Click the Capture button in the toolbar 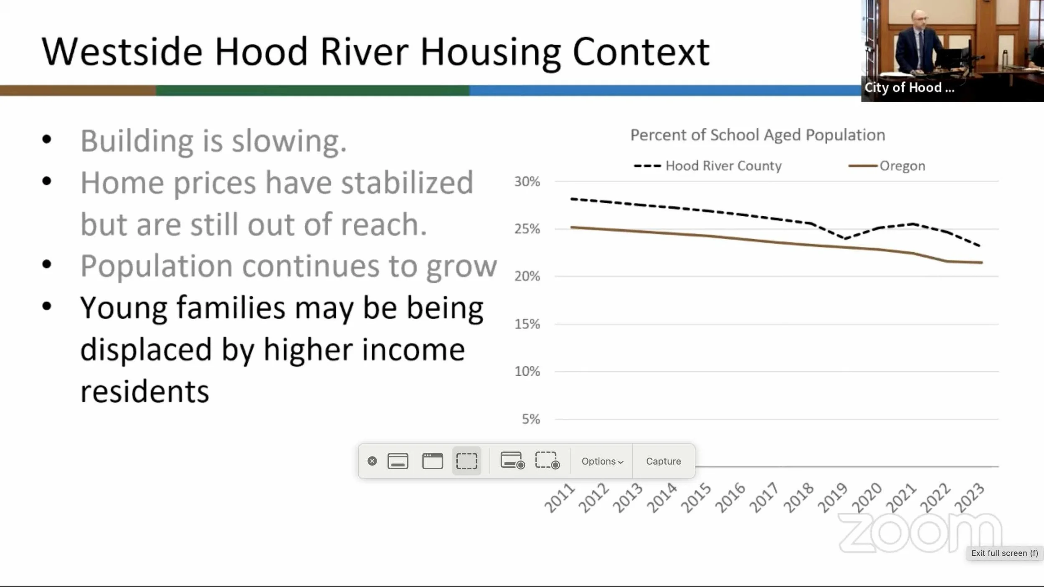pyautogui.click(x=663, y=461)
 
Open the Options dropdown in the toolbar pyautogui.click(x=602, y=461)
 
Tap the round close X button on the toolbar pyautogui.click(x=372, y=461)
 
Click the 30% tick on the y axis pyautogui.click(x=527, y=182)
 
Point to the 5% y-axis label pyautogui.click(x=531, y=419)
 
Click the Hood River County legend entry pyautogui.click(x=707, y=166)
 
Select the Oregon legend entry pyautogui.click(x=887, y=166)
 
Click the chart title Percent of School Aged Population pyautogui.click(x=758, y=135)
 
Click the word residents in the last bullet pyautogui.click(x=144, y=392)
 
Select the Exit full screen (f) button pyautogui.click(x=1005, y=553)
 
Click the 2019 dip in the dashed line pyautogui.click(x=844, y=238)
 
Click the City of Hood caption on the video pyautogui.click(x=909, y=88)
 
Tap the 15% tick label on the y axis pyautogui.click(x=527, y=324)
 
